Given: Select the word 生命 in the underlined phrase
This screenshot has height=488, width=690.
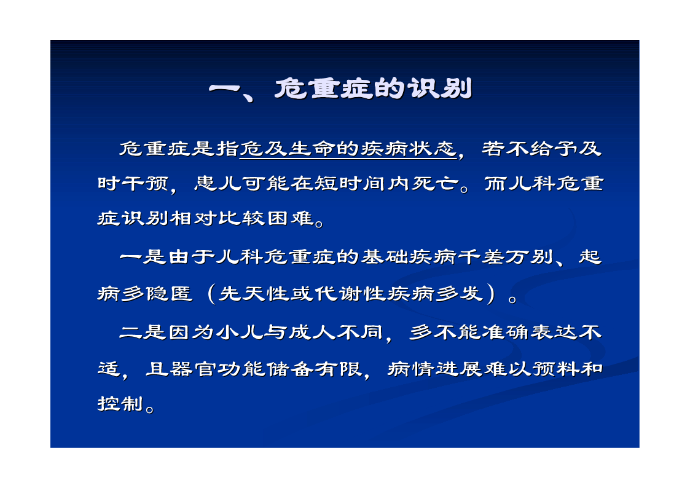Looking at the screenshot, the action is (313, 149).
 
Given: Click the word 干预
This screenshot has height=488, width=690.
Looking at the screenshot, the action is (145, 183).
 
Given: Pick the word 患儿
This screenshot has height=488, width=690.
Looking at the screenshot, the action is (218, 183).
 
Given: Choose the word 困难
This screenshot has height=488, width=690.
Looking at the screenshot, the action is (291, 218).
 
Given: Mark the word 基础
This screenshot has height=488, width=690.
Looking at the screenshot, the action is (385, 256).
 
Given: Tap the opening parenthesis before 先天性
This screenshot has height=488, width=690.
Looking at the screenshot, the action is (211, 294).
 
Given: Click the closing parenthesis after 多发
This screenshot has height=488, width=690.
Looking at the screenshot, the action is (492, 294).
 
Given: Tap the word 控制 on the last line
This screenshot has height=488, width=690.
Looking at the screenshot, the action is (121, 403).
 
